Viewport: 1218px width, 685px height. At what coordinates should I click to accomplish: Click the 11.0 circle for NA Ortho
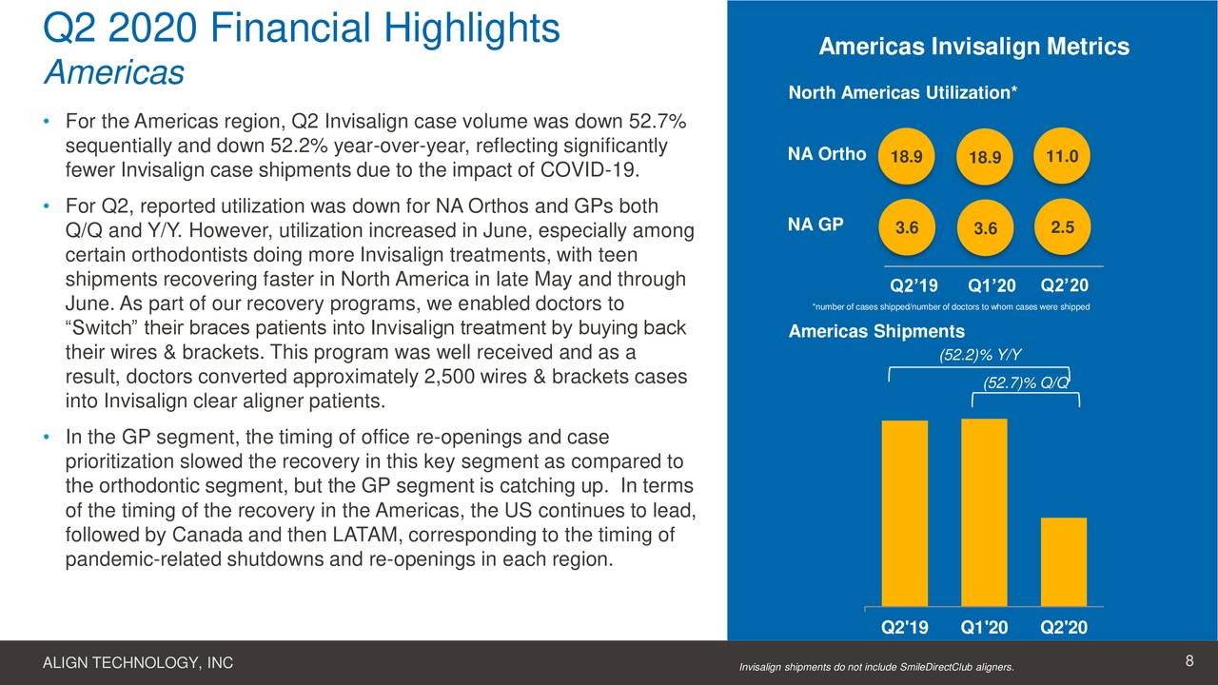pos(1062,155)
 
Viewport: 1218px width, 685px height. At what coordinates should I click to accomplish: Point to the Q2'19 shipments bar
pos(905,513)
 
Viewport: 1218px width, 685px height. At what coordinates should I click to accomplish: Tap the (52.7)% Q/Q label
pos(1026,382)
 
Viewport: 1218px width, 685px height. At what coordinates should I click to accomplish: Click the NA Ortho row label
pos(827,154)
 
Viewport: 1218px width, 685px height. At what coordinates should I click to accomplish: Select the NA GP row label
pos(815,225)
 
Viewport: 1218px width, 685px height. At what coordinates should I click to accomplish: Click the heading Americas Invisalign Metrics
pos(973,47)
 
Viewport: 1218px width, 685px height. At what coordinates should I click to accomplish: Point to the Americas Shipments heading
pos(876,331)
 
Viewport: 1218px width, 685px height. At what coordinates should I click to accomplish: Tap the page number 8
pos(1189,662)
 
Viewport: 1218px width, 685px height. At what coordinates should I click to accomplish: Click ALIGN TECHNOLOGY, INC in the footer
pos(138,663)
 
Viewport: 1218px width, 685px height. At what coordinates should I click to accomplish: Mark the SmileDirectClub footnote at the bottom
pos(876,667)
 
